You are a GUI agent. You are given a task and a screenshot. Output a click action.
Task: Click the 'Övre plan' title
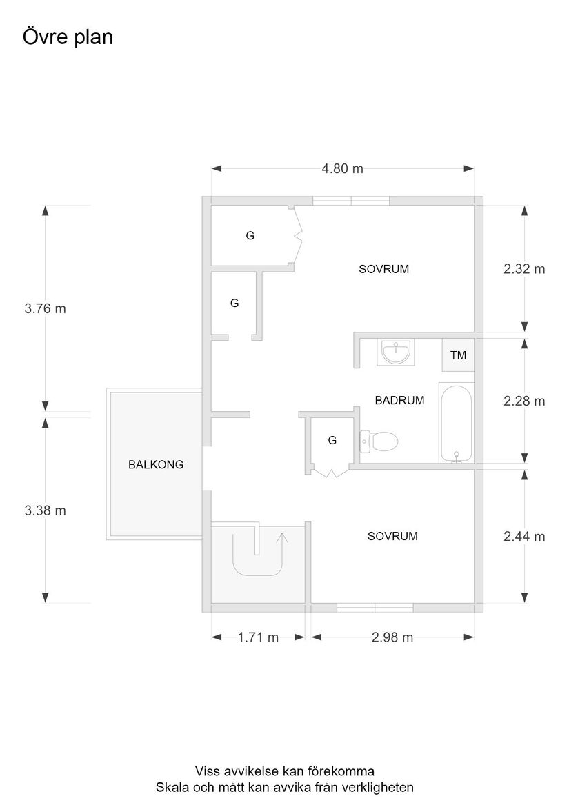pos(68,37)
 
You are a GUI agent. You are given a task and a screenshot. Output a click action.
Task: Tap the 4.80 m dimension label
pos(343,168)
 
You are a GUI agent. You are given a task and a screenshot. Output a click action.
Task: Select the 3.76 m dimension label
pos(46,308)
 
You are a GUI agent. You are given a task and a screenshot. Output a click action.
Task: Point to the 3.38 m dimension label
pos(46,510)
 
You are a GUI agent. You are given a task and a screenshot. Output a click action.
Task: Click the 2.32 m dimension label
pos(524,269)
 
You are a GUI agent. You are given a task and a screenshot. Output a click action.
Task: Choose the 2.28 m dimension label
pos(524,401)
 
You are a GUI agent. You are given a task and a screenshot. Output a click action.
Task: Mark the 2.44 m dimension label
pos(524,537)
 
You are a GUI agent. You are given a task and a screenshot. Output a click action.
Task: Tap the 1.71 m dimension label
pos(258,637)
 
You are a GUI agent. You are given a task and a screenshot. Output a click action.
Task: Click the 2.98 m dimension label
pos(392,637)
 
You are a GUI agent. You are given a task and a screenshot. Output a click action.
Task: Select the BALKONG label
pos(156,465)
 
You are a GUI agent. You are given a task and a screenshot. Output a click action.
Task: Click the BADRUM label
pos(399,401)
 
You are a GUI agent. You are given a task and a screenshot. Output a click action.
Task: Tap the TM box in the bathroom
pos(458,355)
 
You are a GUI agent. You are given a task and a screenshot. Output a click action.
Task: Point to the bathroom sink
pos(396,352)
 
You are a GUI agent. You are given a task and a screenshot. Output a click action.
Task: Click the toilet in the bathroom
pos(379,441)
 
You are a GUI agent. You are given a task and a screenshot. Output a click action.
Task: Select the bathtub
pos(456,423)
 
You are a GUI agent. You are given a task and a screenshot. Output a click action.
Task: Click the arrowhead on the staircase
pos(281,537)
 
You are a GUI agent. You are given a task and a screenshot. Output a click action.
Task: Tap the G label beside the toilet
pos(332,441)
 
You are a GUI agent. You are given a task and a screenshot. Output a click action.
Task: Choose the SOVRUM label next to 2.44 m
pos(393,537)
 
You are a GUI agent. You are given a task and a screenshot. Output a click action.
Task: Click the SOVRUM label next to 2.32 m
pos(384,269)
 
